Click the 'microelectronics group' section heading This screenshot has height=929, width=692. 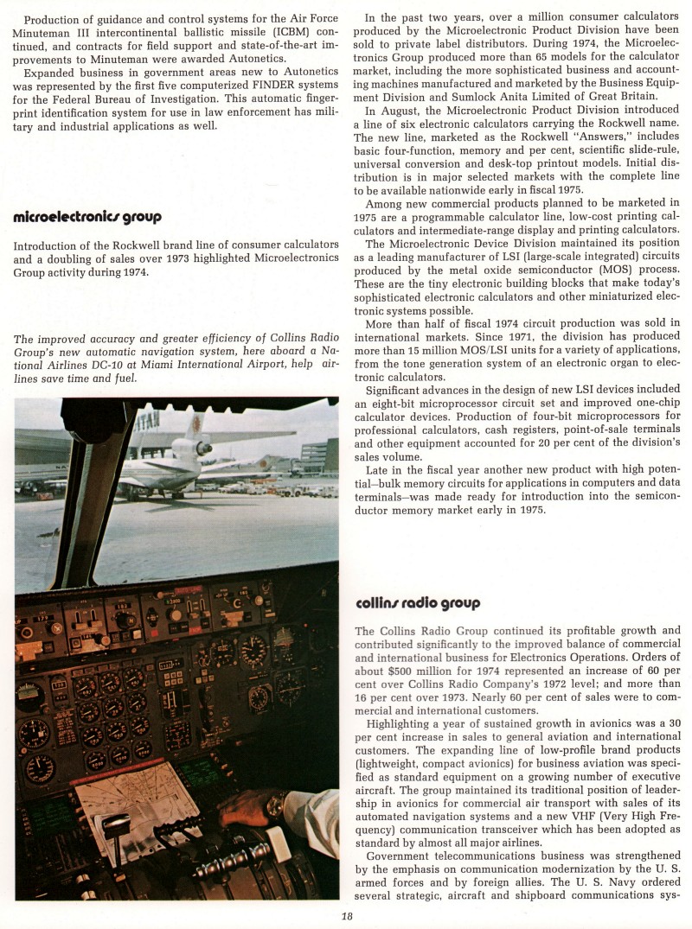pos(87,217)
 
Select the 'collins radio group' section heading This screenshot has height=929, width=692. pos(418,602)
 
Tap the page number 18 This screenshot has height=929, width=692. pos(346,918)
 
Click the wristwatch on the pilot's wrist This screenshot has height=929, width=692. pos(274,806)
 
